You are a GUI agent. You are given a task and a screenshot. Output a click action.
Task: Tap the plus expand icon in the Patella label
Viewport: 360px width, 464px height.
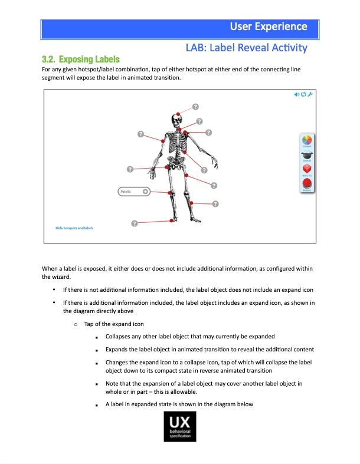coord(145,192)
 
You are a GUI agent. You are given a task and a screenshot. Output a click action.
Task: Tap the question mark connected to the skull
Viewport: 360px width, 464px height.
coord(195,106)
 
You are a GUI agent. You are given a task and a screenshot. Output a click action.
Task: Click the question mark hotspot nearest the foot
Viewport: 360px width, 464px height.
coord(135,223)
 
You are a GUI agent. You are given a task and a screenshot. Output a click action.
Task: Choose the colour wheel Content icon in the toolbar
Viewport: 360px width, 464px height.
coord(307,140)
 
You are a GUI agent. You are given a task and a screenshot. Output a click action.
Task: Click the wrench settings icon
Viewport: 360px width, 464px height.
coord(310,95)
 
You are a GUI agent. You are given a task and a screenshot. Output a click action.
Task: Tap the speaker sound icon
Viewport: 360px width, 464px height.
coord(297,95)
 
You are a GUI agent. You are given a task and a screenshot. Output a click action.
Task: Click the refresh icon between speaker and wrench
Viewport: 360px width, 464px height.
coord(303,95)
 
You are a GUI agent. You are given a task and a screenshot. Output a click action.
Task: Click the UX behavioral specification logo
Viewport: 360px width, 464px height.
coord(179,427)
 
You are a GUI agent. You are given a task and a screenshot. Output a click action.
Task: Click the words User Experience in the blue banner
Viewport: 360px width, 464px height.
coord(269,27)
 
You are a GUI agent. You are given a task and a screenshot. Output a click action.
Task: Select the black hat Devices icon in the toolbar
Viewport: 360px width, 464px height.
coord(307,155)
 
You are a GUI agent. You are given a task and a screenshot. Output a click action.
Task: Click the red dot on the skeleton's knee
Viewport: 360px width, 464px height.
coord(171,193)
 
